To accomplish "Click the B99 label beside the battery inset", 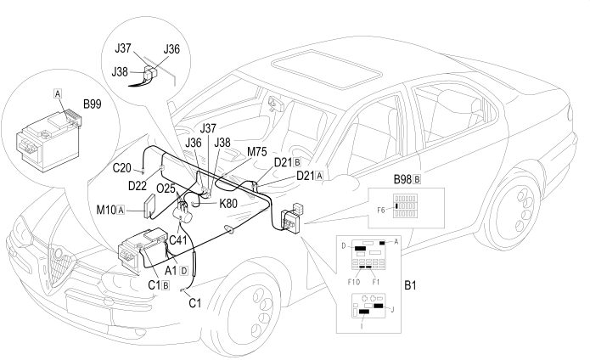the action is point(93,104).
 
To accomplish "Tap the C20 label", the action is point(122,168).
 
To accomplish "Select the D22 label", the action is point(138,185).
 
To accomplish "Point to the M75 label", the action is point(257,152).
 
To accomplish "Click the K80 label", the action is point(228,204).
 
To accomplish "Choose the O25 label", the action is point(166,188).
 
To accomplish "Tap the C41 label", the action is point(178,239).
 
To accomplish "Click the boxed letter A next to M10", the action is point(121,210).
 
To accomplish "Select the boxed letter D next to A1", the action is point(183,271).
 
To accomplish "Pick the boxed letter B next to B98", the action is point(417,179).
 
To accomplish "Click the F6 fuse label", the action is point(381,211).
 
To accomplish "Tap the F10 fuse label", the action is point(354,282).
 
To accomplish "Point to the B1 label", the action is point(411,285).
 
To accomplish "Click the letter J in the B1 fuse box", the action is point(393,310).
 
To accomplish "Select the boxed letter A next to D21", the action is point(319,175).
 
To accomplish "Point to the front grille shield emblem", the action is point(59,265).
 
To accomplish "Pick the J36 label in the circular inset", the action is point(171,49).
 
